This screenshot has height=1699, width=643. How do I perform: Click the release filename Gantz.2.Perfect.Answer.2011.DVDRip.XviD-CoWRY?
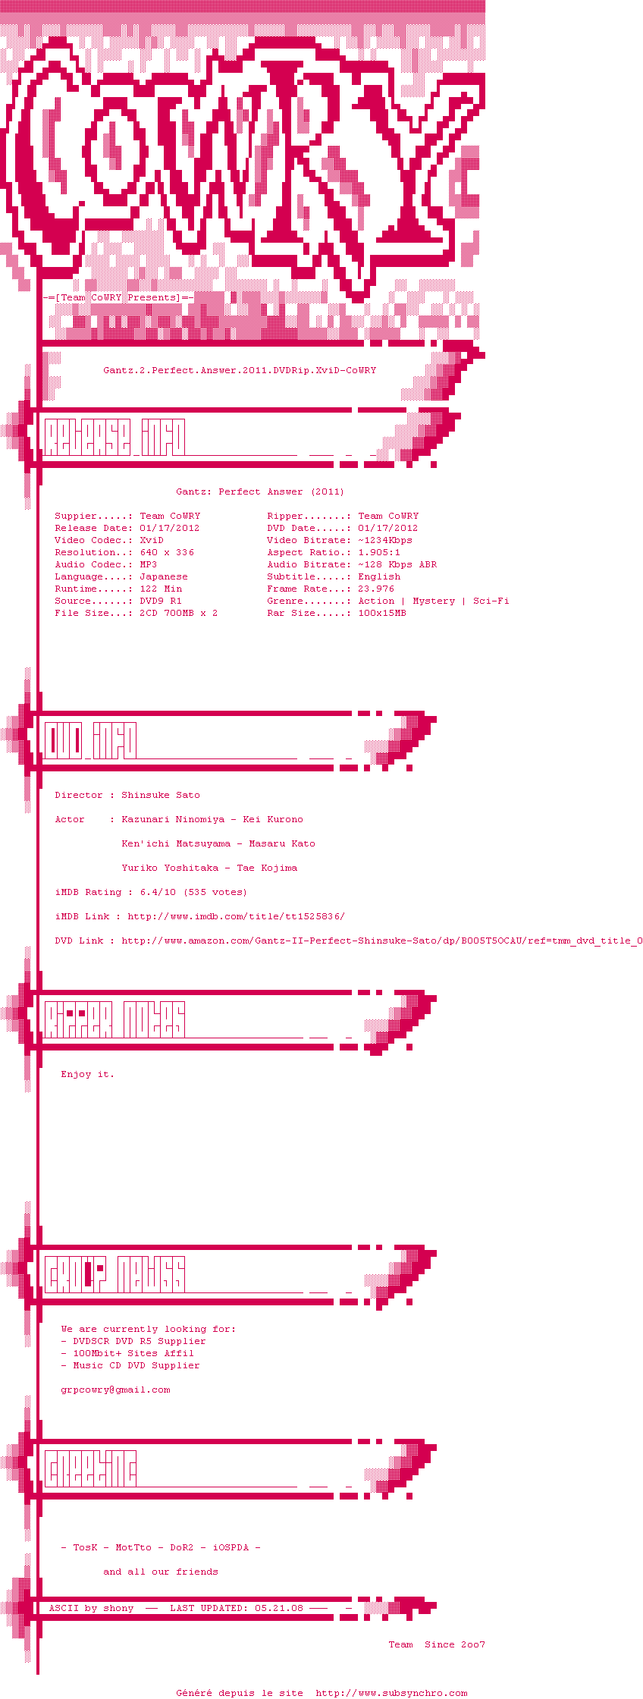[240, 370]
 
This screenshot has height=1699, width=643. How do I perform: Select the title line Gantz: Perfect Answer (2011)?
[260, 491]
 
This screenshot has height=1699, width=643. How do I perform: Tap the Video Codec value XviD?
[152, 540]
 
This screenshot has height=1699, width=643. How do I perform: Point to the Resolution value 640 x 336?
[167, 552]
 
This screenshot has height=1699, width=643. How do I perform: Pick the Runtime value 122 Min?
[161, 589]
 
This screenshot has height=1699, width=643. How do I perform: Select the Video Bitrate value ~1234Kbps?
[385, 540]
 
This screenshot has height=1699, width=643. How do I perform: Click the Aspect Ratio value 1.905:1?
[379, 552]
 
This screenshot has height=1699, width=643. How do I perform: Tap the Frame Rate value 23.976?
[376, 589]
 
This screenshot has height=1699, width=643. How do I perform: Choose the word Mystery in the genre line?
[434, 601]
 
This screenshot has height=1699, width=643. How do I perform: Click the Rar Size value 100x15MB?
[382, 613]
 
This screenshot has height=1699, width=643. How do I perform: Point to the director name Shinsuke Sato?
[161, 795]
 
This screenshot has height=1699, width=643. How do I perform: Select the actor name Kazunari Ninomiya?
[173, 819]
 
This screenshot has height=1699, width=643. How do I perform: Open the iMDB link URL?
[236, 916]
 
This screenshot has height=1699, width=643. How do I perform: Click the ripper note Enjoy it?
[87, 1074]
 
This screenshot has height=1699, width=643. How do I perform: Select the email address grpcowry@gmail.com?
[115, 1390]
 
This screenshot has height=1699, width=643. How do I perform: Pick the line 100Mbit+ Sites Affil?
[133, 1353]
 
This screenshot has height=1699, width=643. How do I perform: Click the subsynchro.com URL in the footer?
[391, 1693]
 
